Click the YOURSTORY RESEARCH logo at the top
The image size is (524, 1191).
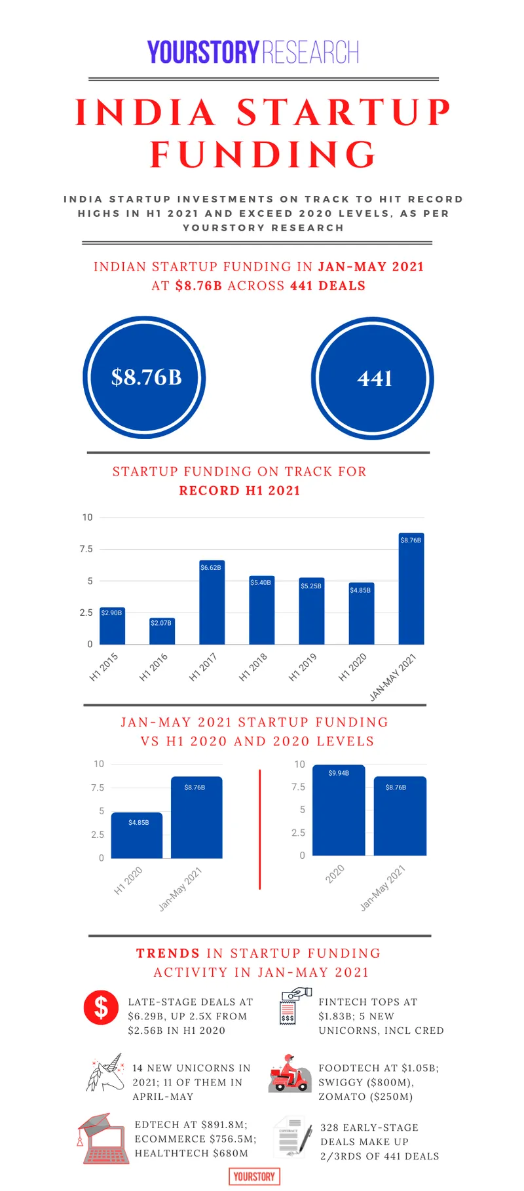253,52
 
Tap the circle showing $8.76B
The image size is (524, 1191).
145,377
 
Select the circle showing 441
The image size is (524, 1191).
373,378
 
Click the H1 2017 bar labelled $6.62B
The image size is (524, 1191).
212,603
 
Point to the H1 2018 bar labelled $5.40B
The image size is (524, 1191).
261,610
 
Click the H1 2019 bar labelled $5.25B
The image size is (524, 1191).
312,611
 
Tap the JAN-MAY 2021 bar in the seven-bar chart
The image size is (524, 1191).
411,589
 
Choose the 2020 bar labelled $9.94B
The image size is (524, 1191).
339,810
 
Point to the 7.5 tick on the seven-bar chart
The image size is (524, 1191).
86,549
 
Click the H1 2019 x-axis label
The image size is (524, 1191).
303,667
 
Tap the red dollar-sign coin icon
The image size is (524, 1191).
101,1007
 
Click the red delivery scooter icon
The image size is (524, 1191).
289,1073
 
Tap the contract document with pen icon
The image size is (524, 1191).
293,1137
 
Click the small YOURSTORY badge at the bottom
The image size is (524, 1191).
254,1177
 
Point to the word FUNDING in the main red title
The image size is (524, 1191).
263,155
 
